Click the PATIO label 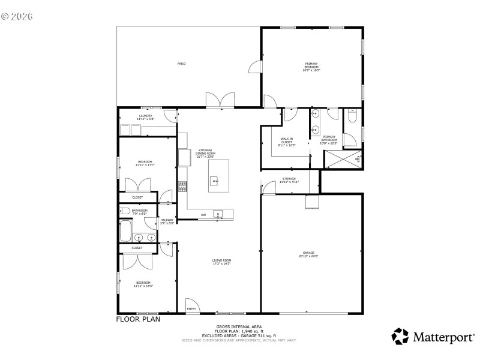tap(181, 64)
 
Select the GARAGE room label tap(309, 254)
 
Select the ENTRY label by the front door tap(191, 308)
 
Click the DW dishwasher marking tap(203, 215)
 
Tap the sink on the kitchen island tap(215, 179)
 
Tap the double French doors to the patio tap(219, 101)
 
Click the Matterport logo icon tap(400, 336)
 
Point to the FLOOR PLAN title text tap(138, 319)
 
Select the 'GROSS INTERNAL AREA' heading tap(239, 327)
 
